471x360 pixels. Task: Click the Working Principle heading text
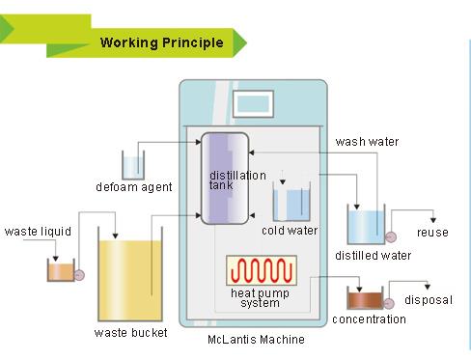tap(161, 42)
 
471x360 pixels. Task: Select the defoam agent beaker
tap(132, 164)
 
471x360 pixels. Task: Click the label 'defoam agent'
tap(134, 187)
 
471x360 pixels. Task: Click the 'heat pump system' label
tap(257, 297)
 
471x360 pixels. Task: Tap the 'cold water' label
tap(290, 231)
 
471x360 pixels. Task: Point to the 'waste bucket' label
tap(130, 333)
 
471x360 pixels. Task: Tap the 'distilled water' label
tap(373, 256)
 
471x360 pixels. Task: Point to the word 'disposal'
tap(428, 300)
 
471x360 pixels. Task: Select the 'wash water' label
tap(367, 142)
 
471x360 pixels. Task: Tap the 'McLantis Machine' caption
tap(256, 339)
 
